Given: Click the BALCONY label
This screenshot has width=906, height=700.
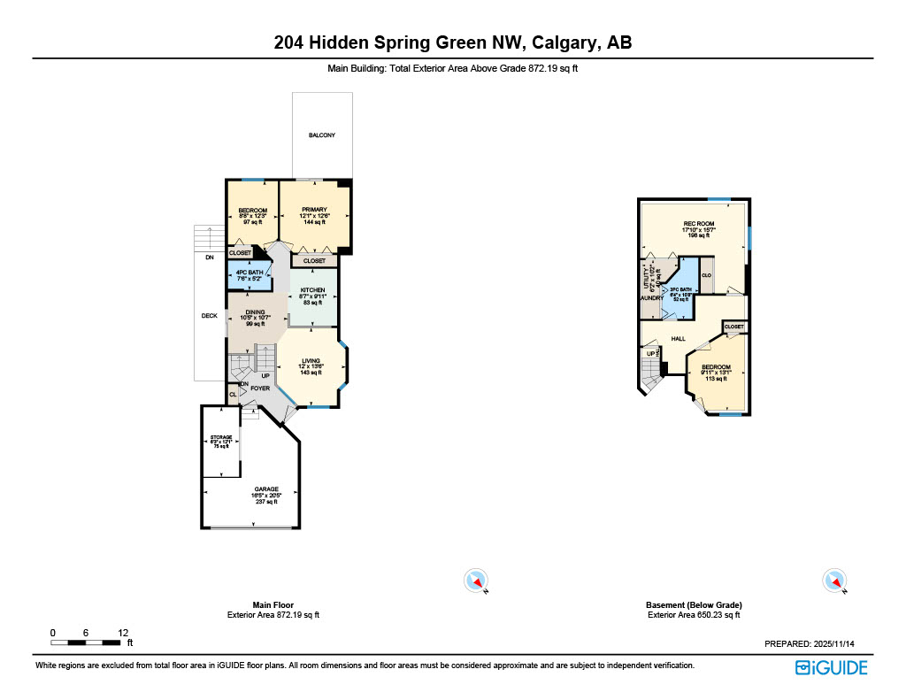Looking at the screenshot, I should (322, 135).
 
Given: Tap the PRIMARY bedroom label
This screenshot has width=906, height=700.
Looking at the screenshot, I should (315, 211).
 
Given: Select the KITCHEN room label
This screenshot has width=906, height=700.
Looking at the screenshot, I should (313, 290).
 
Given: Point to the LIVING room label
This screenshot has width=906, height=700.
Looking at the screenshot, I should (311, 361).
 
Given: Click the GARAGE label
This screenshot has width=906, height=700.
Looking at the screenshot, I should (266, 489).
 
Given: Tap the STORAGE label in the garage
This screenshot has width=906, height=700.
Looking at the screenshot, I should (220, 438).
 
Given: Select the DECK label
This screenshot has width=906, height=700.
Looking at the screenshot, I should (209, 315).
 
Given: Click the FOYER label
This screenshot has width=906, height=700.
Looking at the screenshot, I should (260, 388).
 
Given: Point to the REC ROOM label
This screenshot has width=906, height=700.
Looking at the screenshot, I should (698, 224).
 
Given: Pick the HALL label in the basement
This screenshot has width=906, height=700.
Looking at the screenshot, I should (679, 338).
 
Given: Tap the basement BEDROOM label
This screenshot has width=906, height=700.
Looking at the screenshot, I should (716, 367).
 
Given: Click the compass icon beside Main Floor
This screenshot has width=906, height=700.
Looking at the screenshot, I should (476, 581).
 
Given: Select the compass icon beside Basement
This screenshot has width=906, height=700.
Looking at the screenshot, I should (834, 581).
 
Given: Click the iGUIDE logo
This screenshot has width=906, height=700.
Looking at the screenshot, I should (831, 668).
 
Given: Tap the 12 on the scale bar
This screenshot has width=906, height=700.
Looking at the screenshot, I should (123, 633).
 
